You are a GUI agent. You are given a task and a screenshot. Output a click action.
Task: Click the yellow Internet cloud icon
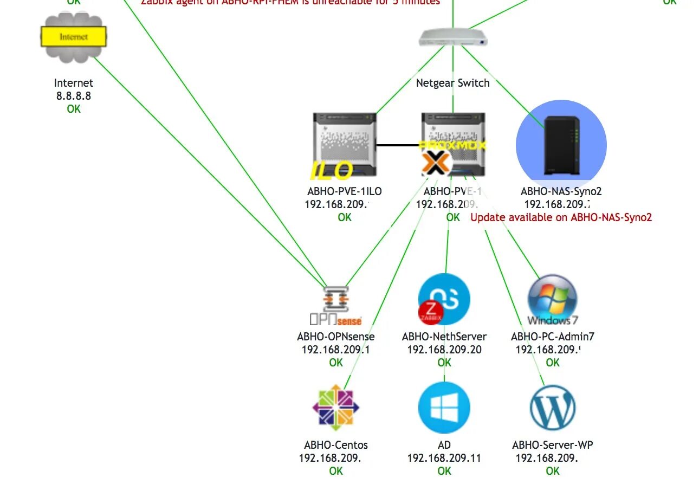click(73, 37)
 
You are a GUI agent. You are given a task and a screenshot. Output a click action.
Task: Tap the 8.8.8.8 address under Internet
click(73, 96)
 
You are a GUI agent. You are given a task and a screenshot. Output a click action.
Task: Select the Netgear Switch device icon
click(453, 37)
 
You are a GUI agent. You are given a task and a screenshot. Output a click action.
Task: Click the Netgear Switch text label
click(452, 83)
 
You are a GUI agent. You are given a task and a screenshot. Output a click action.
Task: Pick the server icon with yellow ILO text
click(344, 145)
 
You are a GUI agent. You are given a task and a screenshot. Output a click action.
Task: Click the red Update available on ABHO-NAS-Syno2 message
click(561, 217)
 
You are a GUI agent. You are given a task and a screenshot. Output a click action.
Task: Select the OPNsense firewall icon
click(335, 305)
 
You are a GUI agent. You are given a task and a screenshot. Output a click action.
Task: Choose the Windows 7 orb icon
click(552, 299)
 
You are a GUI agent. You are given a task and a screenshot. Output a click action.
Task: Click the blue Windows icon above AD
click(444, 408)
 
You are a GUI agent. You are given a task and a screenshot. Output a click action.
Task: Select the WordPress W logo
click(552, 408)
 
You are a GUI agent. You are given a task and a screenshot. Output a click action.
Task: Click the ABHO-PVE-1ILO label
click(344, 191)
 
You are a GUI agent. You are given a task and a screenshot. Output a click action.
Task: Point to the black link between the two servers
click(399, 145)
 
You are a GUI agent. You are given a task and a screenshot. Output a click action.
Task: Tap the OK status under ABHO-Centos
click(336, 471)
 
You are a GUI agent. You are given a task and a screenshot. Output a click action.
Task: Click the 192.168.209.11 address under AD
click(444, 458)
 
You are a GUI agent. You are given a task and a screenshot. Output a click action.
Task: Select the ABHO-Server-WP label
click(552, 445)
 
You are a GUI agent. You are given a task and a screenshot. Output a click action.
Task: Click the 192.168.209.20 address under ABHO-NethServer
click(444, 350)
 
